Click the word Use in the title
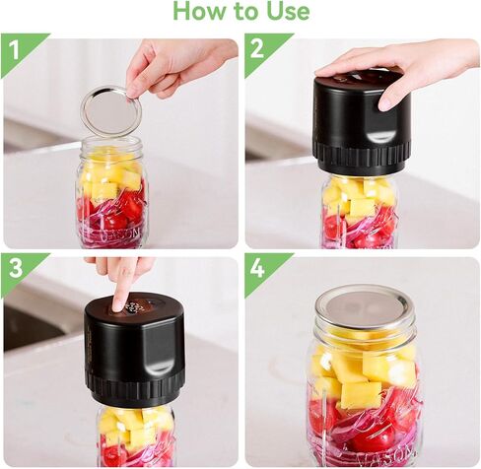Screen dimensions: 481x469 [x=288, y=11]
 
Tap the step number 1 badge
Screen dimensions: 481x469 [x=14, y=50]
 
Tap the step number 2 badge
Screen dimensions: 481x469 [x=257, y=49]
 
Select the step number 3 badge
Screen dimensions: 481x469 [x=16, y=268]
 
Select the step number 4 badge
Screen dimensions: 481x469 [x=257, y=268]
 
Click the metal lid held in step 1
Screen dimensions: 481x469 [x=111, y=112]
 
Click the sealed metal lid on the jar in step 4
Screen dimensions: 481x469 [x=363, y=308]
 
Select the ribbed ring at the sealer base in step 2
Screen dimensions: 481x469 [x=362, y=159]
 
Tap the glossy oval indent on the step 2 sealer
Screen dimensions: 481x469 [x=381, y=135]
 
